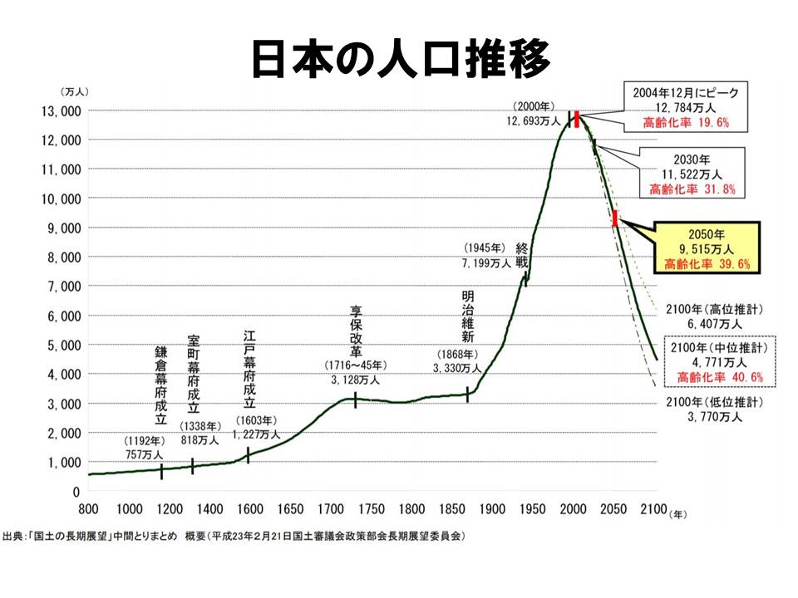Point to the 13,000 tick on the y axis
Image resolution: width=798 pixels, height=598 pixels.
coord(57,110)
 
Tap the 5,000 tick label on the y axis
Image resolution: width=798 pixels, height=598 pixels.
coord(57,346)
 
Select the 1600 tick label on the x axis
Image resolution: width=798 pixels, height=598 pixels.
coord(249,508)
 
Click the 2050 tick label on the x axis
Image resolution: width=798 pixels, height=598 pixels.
coord(613,508)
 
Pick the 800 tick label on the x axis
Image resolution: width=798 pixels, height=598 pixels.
coord(88,508)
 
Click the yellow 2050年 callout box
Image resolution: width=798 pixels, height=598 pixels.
coord(707,247)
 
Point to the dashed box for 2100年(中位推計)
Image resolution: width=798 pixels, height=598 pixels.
coord(719,362)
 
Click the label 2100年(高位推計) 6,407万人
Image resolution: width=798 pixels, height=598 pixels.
coord(719,316)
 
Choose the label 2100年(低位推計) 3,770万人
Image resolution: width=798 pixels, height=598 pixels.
coord(719,410)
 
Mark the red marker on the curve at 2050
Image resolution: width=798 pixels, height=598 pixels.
coord(614,218)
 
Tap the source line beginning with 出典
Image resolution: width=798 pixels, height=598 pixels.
coord(234,537)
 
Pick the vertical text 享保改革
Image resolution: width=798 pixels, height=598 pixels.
coord(356,331)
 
